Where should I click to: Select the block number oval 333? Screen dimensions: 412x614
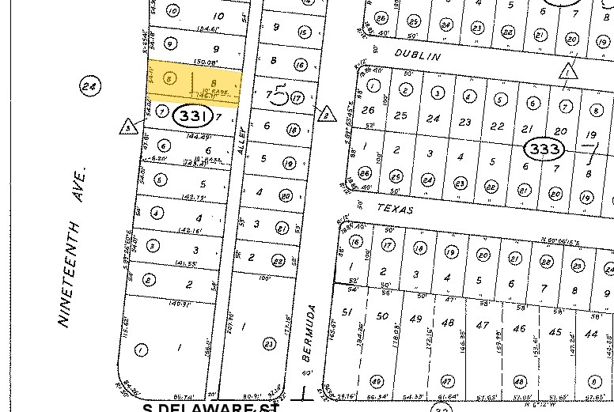click(545, 148)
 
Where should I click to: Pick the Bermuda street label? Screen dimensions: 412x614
click(308, 333)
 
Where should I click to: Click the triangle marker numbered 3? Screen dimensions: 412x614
click(127, 127)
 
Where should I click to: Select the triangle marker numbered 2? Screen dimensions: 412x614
click(325, 114)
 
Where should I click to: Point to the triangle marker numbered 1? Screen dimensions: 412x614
click(567, 71)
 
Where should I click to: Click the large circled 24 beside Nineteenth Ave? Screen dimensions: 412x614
click(91, 86)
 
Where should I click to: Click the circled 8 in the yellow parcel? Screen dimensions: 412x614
click(169, 78)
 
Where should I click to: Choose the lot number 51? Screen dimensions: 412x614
click(347, 312)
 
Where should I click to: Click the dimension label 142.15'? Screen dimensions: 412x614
click(189, 231)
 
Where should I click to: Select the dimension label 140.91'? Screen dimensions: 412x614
click(181, 303)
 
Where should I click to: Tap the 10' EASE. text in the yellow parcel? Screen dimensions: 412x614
click(217, 92)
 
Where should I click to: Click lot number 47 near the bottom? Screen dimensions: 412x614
click(482, 325)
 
